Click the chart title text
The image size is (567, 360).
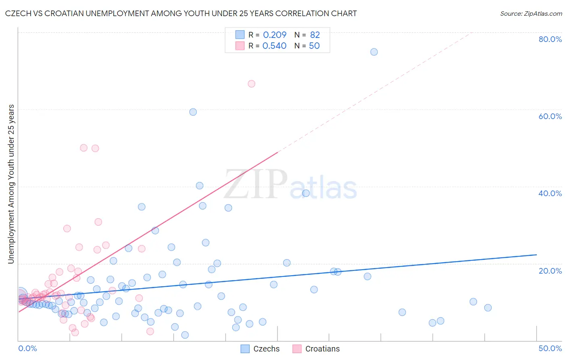coord(181,13)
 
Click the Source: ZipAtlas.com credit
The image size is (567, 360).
coord(531,13)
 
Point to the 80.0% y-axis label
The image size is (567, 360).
coord(550,39)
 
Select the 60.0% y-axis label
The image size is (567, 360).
coord(550,116)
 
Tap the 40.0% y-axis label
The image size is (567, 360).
coord(550,193)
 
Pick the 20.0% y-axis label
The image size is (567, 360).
coord(550,271)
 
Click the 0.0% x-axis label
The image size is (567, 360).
coord(27,348)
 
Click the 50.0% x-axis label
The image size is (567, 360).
coord(550,348)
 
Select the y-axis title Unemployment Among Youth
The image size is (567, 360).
coord(11,184)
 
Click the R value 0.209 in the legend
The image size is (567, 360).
coord(275,35)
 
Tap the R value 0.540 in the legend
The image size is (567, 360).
coord(274,46)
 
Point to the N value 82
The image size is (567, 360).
coord(315,35)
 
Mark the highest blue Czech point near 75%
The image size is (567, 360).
coord(374,52)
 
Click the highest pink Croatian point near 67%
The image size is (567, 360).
coord(251,84)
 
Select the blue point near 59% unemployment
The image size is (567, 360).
coord(193,112)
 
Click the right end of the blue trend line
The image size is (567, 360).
coord(536,255)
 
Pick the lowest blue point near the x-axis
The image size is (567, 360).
coord(185,335)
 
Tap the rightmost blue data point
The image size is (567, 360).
coord(488,308)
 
